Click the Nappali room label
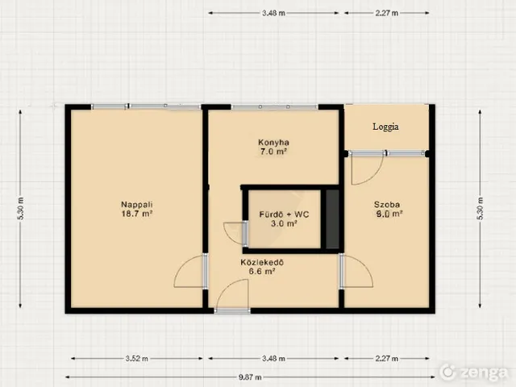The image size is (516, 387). [x=137, y=204]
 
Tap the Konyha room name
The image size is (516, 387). [x=273, y=143]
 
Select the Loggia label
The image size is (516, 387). [x=385, y=127]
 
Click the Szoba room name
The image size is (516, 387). [x=387, y=204]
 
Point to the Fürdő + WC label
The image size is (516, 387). [x=284, y=214]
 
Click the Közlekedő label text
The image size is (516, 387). [x=262, y=263]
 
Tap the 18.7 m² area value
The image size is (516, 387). [x=137, y=214]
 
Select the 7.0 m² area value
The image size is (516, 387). [x=273, y=152]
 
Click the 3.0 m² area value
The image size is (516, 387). [x=284, y=224]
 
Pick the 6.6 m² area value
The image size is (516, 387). [x=262, y=272]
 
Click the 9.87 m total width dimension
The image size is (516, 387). [x=250, y=377]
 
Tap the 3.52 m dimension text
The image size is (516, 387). [x=136, y=358]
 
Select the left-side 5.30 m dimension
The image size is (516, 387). [x=20, y=209]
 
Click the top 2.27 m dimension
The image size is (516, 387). [x=387, y=13]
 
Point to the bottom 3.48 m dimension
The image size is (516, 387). [x=273, y=358]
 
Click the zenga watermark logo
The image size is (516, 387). [x=474, y=372]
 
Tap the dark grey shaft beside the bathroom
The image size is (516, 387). [x=332, y=219]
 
